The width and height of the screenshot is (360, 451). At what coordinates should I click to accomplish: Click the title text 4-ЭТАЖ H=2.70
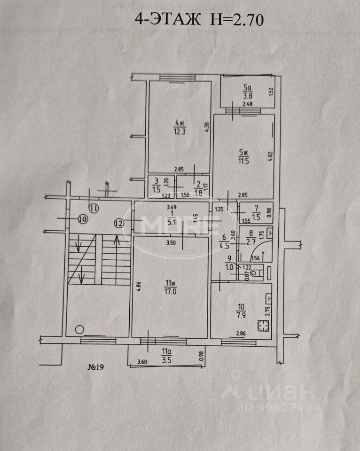[x=199, y=19]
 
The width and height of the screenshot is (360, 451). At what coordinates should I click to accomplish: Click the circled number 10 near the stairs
[x=83, y=219]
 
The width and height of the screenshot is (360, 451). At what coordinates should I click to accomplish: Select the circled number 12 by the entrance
[x=119, y=224]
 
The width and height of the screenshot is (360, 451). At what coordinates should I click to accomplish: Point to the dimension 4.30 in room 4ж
[x=205, y=126]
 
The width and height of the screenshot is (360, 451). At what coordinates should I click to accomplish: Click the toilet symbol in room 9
[x=255, y=272]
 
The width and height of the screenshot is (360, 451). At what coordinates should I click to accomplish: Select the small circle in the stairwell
[x=80, y=329]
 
